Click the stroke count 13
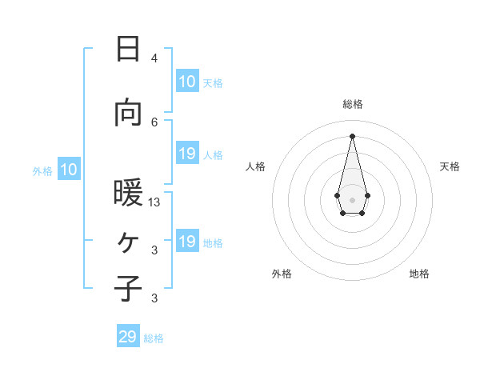pyautogui.click(x=154, y=202)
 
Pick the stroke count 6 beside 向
pyautogui.click(x=154, y=122)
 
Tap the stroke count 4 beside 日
pyautogui.click(x=154, y=58)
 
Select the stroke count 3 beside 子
pyautogui.click(x=154, y=298)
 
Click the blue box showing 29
pyautogui.click(x=128, y=337)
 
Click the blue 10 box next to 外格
pyautogui.click(x=69, y=170)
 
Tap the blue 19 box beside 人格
pyautogui.click(x=187, y=154)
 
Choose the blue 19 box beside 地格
pyautogui.click(x=187, y=242)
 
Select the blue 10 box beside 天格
pyautogui.click(x=187, y=82)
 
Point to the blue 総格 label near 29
pyautogui.click(x=154, y=338)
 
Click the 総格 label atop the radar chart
pyautogui.click(x=352, y=104)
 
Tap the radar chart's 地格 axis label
pyautogui.click(x=419, y=274)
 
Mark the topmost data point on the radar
pyautogui.click(x=352, y=135)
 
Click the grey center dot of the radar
pyautogui.click(x=352, y=198)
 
